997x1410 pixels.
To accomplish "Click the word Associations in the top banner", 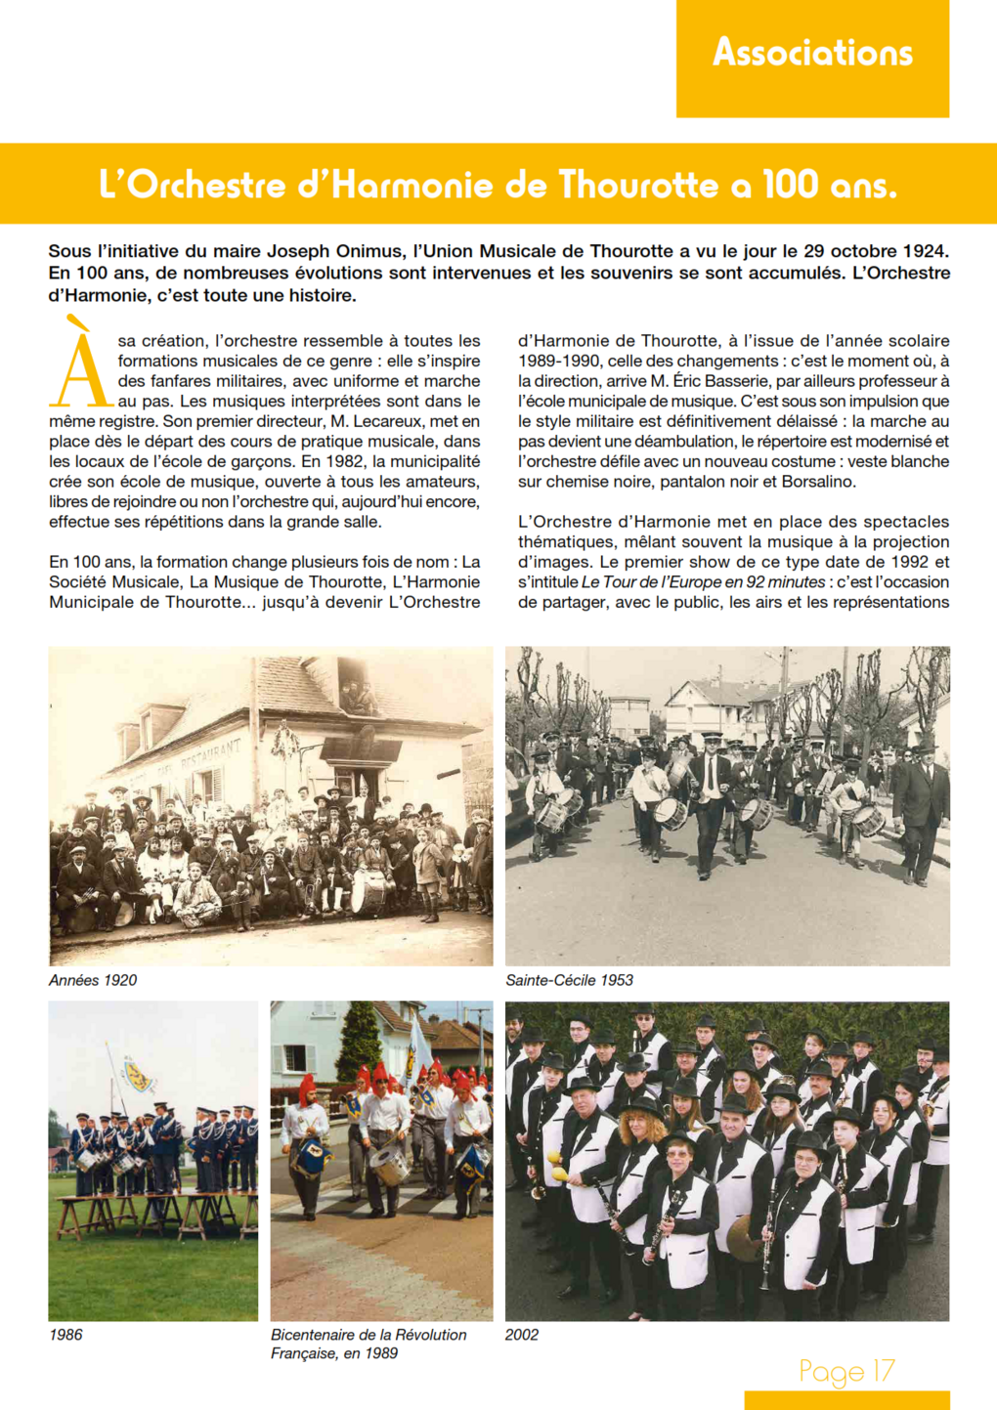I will point(812,52).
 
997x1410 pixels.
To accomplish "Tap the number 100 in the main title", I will point(790,185).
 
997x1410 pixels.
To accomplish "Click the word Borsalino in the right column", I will point(818,482).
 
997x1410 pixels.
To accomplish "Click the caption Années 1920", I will point(93,980).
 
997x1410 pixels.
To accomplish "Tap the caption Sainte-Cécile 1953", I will point(569,980).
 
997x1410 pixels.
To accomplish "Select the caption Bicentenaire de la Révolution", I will point(368,1335).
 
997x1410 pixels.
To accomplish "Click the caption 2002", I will point(522,1335).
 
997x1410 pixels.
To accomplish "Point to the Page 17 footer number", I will point(846,1371).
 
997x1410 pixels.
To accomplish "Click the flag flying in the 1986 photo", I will point(138,1075).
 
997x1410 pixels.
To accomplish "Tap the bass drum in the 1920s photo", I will point(369,892).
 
